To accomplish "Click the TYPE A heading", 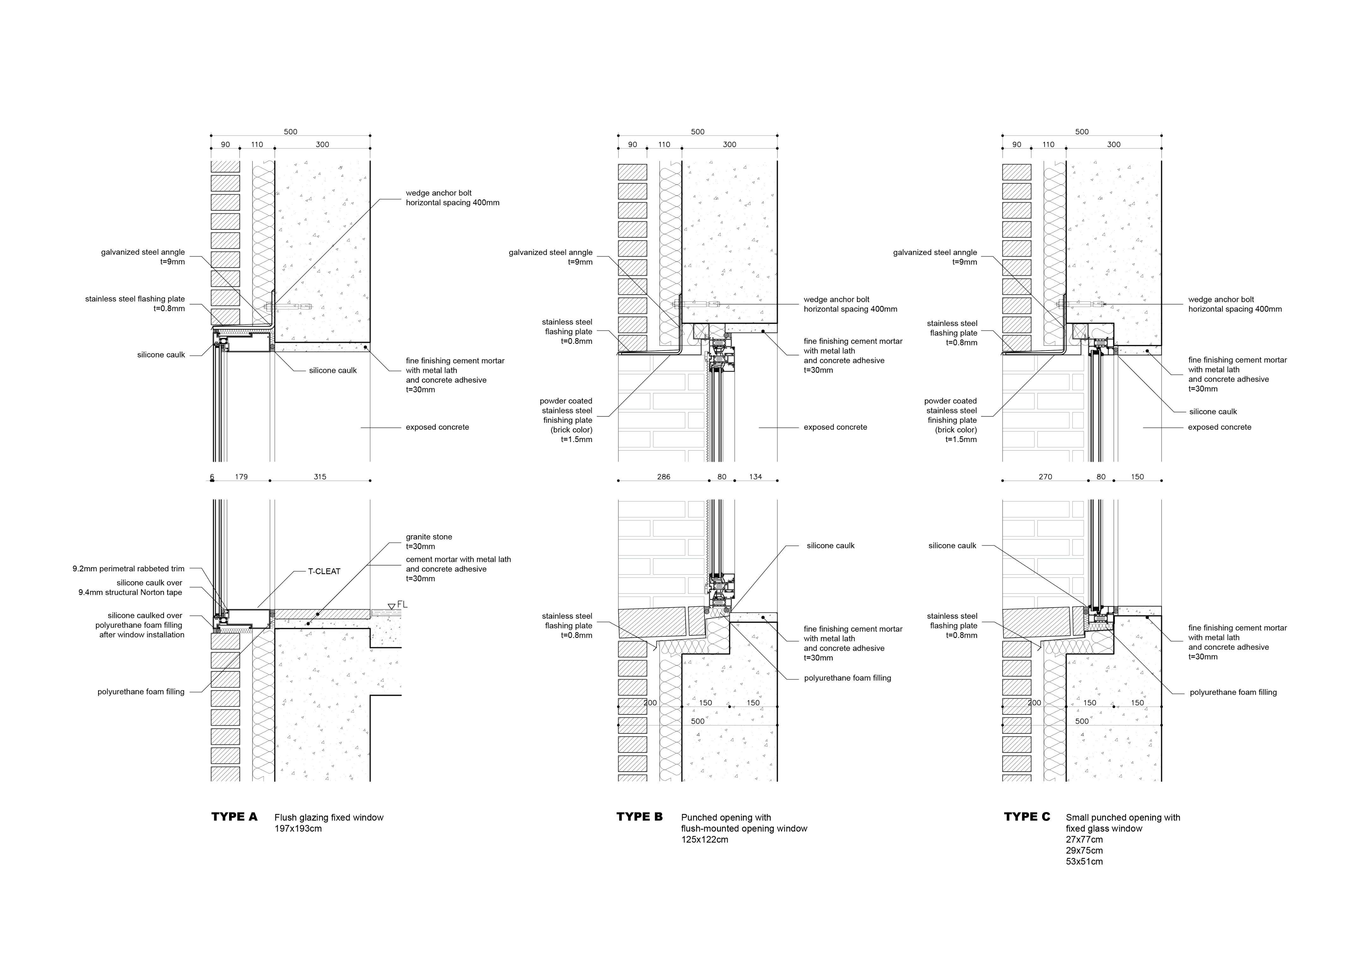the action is [x=234, y=816].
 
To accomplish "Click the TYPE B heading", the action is [x=639, y=816].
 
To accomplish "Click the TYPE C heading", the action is [x=1027, y=816].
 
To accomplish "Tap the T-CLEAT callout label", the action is [x=324, y=571].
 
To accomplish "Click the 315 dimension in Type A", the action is [x=320, y=477].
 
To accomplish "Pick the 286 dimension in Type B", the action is [x=664, y=477].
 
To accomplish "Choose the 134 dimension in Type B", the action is [x=755, y=477].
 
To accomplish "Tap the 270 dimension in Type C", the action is [x=1045, y=477].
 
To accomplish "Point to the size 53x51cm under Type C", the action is [x=1084, y=862].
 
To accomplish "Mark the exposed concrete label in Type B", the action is [x=835, y=428].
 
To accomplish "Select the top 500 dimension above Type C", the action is [x=1082, y=132].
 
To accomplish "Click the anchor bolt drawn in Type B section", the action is [x=697, y=304].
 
